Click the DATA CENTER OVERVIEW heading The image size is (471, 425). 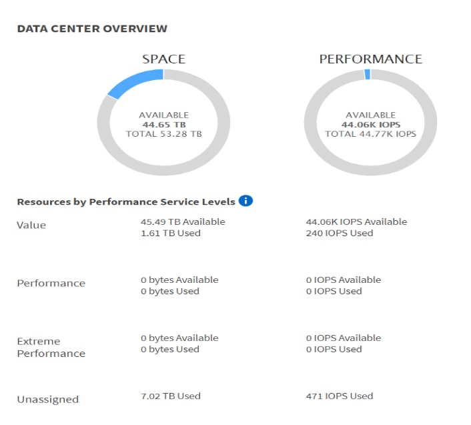92,29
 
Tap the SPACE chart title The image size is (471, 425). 163,59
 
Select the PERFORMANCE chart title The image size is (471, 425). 370,59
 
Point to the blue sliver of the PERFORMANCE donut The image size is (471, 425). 368,75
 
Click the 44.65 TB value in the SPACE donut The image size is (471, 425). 163,124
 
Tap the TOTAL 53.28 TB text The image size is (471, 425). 163,134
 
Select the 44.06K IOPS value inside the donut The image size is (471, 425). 370,124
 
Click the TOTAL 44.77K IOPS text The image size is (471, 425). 370,134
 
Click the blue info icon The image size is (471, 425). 246,201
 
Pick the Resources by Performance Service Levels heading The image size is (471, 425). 126,201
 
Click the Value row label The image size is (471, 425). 31,225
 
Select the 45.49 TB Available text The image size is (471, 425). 183,222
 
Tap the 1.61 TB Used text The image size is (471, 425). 170,233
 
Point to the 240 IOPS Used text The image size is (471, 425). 339,233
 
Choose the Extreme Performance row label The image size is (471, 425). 51,347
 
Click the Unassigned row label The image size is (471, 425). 47,399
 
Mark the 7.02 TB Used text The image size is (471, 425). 170,396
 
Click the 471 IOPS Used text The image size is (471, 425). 339,396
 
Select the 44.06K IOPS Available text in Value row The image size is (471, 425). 356,222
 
